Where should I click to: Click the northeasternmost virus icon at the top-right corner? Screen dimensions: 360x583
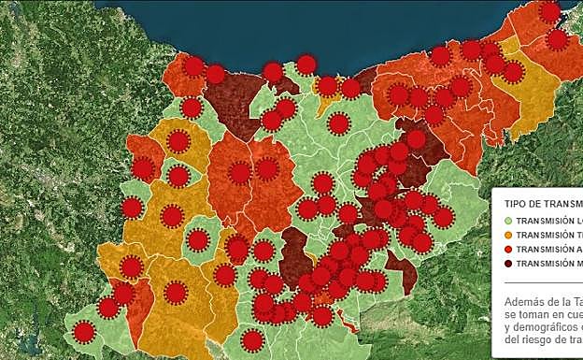point(549,11)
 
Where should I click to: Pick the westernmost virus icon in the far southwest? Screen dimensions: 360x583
point(84,331)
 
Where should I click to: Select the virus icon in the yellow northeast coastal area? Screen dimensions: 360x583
point(513,72)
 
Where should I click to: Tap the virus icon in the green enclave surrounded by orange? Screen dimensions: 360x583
point(197,240)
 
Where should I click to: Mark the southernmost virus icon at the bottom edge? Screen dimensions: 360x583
point(251,340)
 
